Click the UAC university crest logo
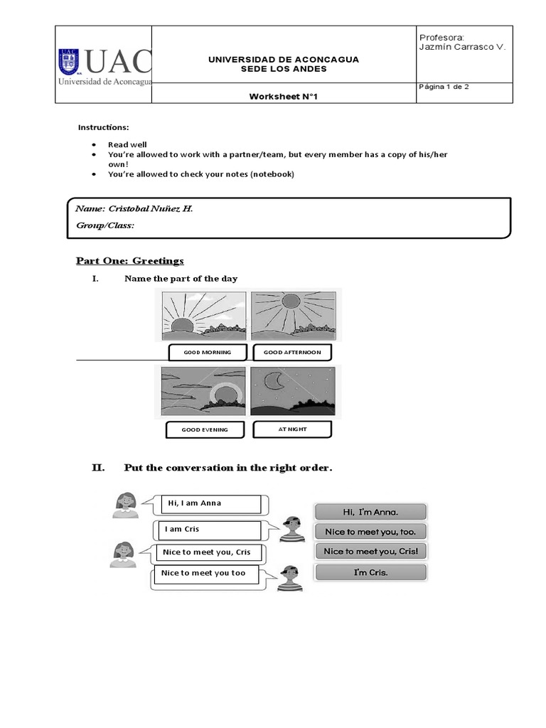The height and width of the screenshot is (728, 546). click(x=69, y=63)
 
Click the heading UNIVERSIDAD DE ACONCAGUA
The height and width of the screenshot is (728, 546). click(x=283, y=59)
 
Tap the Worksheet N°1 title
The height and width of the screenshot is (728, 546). click(x=283, y=97)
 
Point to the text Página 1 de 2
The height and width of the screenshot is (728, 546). click(x=444, y=87)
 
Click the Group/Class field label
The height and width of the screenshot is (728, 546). click(x=105, y=225)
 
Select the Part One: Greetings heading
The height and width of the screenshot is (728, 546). click(x=130, y=261)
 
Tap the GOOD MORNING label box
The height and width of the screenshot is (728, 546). click(x=207, y=352)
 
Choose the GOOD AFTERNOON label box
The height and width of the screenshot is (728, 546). click(x=291, y=352)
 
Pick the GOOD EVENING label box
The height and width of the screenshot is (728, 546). click(x=205, y=429)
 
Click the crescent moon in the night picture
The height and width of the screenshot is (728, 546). click(x=273, y=382)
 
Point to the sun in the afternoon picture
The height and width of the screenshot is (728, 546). click(x=292, y=301)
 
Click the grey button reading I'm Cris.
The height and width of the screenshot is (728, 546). click(x=370, y=572)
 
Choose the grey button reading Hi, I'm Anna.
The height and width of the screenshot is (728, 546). click(x=370, y=511)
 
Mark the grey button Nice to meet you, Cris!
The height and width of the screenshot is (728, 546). click(x=370, y=552)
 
